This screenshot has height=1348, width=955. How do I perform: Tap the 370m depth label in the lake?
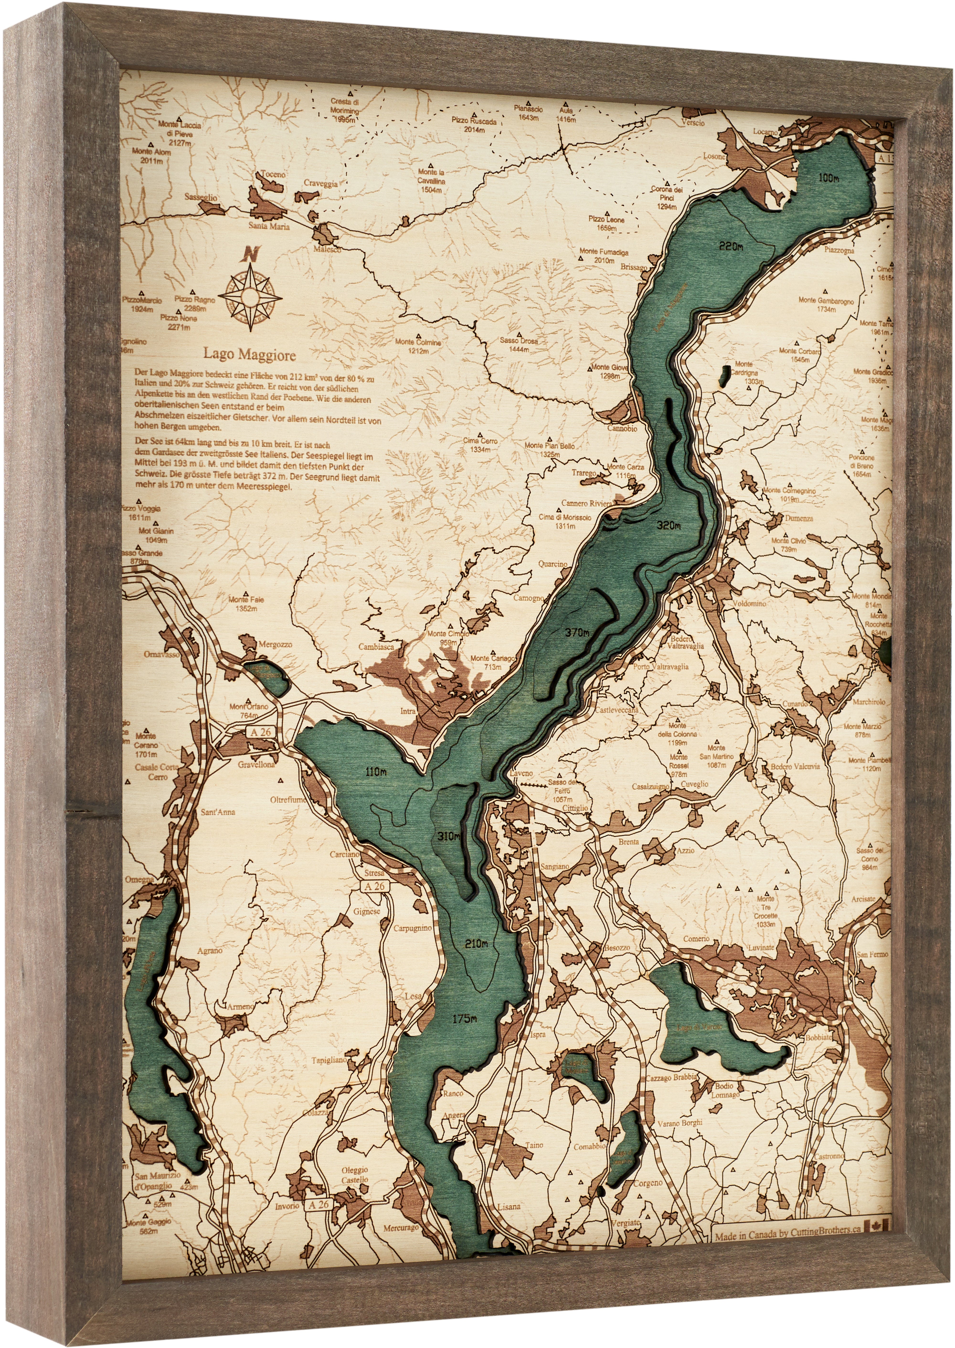[x=576, y=633]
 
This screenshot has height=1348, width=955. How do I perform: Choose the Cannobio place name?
[x=622, y=428]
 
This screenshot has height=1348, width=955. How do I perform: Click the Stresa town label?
[x=374, y=873]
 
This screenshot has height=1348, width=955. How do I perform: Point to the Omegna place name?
[x=139, y=881]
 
